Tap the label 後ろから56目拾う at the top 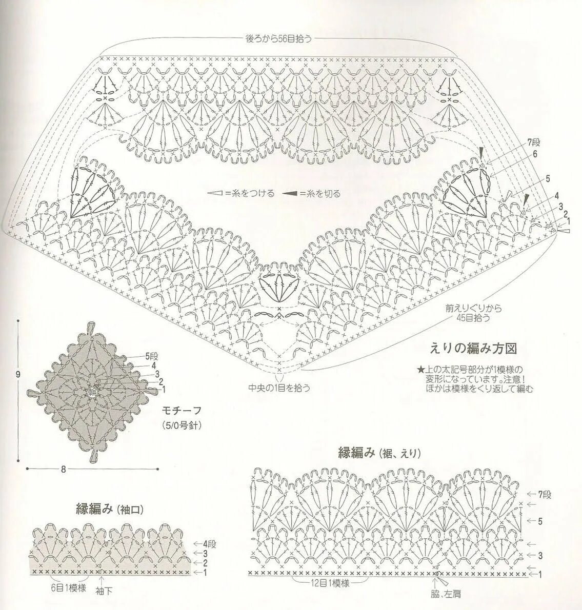click(x=279, y=38)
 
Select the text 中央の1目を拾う click(x=279, y=388)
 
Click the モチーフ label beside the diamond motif click(x=181, y=411)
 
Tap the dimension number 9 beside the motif click(x=18, y=374)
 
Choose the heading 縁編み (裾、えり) click(x=379, y=453)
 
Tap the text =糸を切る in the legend click(x=320, y=194)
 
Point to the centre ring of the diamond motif click(x=92, y=392)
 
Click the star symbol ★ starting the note click(x=420, y=369)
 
